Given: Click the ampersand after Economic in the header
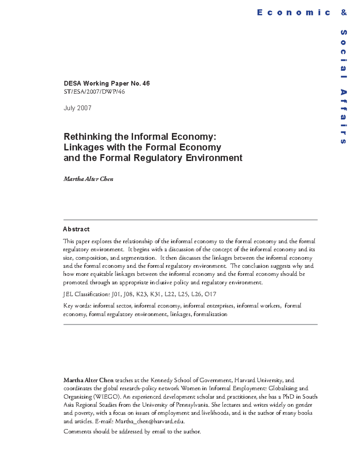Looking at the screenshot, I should tap(344, 12).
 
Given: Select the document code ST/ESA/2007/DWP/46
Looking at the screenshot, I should tap(94, 92).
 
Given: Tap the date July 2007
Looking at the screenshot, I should tap(77, 108).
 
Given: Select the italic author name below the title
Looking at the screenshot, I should tap(88, 179).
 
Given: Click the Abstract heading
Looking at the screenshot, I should tap(76, 229).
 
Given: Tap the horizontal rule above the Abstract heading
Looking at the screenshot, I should tap(190, 220).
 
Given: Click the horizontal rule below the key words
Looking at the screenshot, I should tap(190, 324).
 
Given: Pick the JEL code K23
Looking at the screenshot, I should tap(142, 294).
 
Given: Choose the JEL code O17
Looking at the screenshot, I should tap(210, 294).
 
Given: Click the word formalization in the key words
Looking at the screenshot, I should tap(210, 314).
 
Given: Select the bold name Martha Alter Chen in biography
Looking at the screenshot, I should tap(88, 380).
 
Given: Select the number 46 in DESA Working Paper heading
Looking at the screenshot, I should tap(146, 83).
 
